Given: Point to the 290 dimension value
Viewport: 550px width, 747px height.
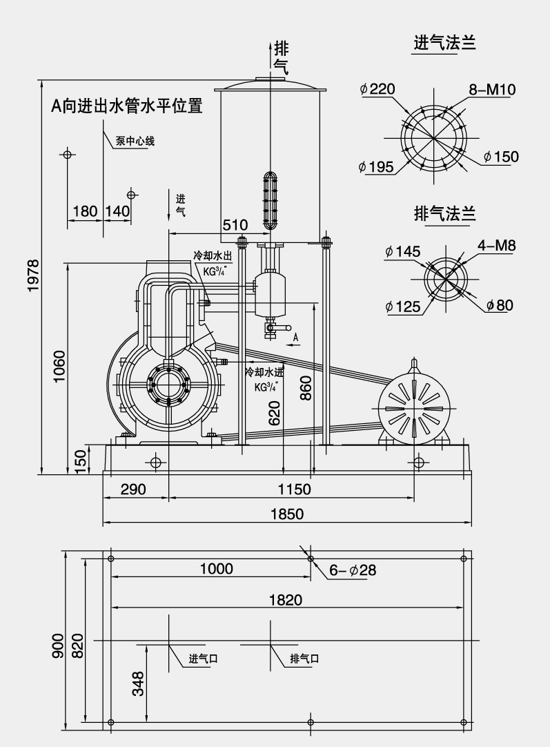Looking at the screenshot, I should (x=133, y=489).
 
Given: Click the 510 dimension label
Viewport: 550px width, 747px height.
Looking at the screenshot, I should (x=235, y=225).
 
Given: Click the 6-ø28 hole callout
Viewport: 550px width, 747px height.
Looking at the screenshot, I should (x=352, y=570).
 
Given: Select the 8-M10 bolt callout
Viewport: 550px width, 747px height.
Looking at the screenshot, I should (x=492, y=89).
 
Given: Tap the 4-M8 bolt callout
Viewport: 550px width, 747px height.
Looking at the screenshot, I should (x=497, y=245).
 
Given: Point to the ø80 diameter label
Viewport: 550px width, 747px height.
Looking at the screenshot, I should (x=500, y=305).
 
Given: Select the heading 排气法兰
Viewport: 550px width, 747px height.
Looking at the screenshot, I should (x=444, y=213).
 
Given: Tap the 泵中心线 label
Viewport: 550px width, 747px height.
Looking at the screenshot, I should (x=135, y=142).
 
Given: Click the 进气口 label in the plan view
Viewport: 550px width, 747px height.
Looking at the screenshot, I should (x=204, y=659).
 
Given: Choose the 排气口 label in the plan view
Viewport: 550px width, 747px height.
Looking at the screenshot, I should (x=304, y=659).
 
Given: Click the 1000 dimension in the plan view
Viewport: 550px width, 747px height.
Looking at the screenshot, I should (x=216, y=569).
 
